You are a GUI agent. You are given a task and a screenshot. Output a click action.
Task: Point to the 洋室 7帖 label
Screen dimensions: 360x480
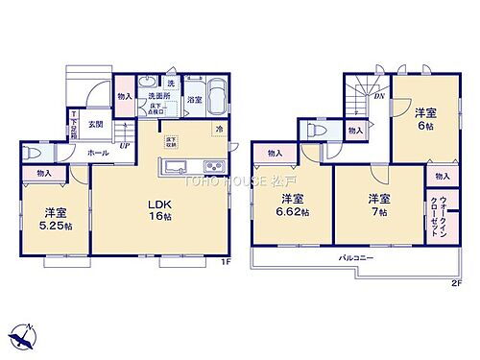coord(377,205)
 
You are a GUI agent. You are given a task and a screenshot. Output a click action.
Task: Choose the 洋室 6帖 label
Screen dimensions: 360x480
coord(422,120)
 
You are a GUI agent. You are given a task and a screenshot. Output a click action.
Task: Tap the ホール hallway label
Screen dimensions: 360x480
coord(97,152)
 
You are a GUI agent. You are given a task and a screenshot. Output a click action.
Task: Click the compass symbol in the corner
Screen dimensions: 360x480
coord(22,336)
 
